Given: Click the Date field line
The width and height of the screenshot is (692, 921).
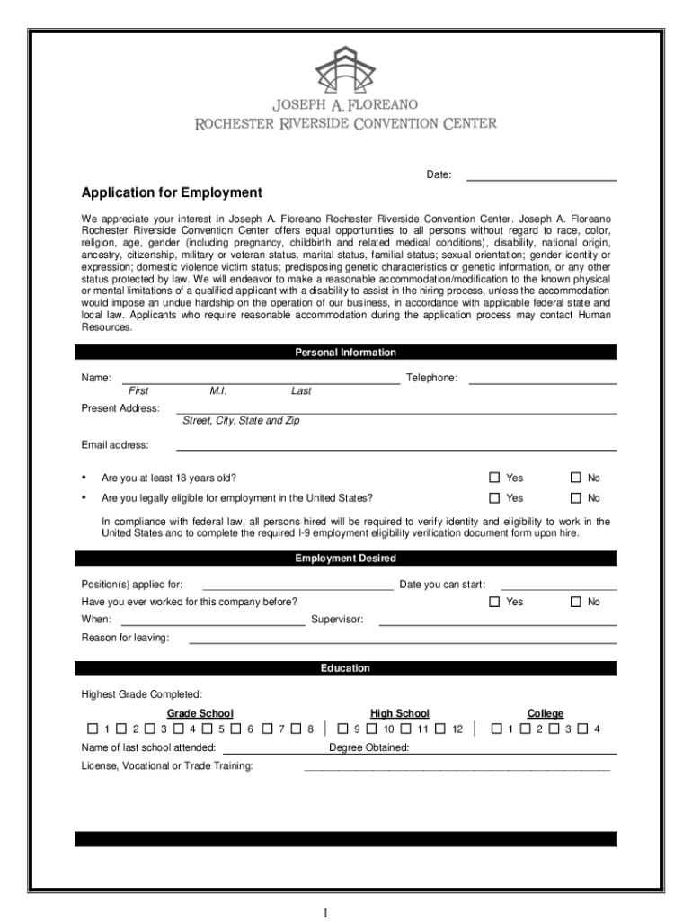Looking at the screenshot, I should point(541,179).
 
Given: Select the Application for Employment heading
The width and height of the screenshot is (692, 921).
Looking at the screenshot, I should point(172,192).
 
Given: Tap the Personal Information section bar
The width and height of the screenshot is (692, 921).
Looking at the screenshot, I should point(345,353).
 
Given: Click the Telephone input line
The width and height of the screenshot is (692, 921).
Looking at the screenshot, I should point(543,382).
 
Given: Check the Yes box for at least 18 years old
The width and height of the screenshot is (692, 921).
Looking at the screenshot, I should point(493,478).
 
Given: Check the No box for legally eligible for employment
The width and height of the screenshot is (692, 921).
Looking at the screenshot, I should point(576,498).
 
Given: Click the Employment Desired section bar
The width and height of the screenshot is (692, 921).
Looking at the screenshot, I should point(345,559).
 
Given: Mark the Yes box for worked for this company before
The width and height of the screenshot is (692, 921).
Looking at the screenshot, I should point(493,602).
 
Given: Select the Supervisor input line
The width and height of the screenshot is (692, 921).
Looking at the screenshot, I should point(497,623).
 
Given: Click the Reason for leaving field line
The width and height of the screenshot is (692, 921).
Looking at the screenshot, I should point(402,642).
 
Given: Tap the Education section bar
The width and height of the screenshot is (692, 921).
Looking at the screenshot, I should point(345,668).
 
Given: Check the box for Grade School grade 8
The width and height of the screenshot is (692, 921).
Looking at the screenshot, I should point(294,729).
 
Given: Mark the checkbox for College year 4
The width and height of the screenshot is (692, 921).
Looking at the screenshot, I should point(581,729).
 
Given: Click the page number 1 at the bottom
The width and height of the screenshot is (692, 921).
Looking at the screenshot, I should point(327,913).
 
